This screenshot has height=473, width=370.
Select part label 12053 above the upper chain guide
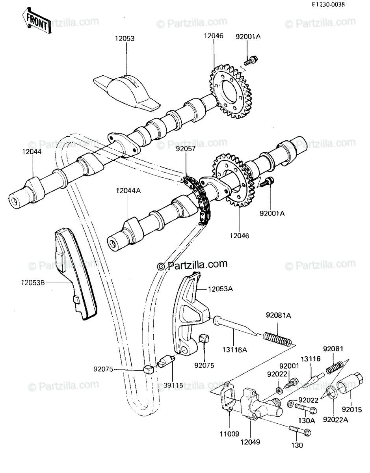pos(125,39)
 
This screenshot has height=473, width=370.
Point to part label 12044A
pos(128,191)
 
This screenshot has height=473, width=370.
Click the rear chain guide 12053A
pos(188,311)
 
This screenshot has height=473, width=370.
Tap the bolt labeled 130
pos(300,431)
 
